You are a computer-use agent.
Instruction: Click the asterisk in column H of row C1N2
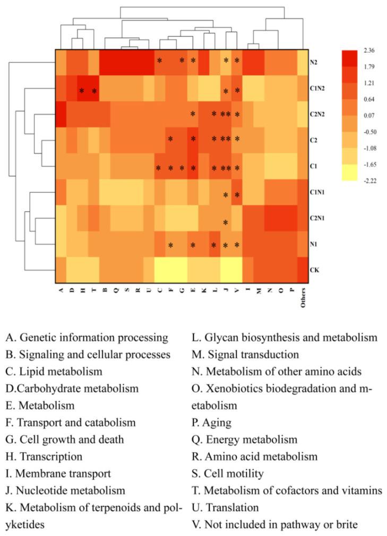point(82,91)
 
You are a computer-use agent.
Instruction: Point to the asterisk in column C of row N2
point(159,61)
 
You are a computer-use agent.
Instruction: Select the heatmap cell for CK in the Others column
point(303,270)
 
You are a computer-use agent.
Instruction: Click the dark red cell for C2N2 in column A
point(60,115)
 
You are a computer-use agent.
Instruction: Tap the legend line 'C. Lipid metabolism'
point(54,371)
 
